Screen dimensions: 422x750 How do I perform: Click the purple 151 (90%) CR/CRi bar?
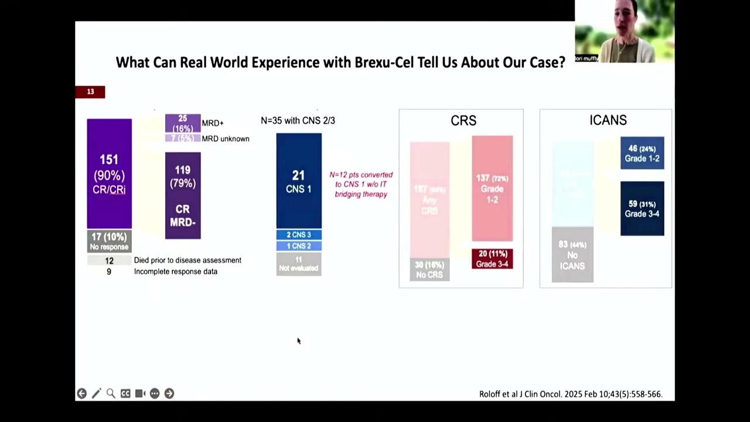(x=109, y=173)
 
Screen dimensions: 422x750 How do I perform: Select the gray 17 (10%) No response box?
(x=109, y=240)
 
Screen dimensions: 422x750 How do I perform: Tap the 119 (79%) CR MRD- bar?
(x=183, y=195)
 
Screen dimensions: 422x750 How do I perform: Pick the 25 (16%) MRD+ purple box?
(x=183, y=123)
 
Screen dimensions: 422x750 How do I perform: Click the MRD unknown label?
(x=226, y=139)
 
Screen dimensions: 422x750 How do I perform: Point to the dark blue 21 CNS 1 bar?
(x=299, y=181)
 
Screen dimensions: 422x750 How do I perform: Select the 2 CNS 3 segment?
(x=299, y=234)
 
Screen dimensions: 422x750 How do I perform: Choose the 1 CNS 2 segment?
(x=299, y=246)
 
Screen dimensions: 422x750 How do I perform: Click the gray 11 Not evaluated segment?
(x=299, y=264)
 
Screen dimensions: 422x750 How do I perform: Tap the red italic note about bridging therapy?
(x=361, y=185)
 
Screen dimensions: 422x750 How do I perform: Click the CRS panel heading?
(x=463, y=121)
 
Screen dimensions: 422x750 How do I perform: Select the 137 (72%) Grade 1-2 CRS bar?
(x=492, y=188)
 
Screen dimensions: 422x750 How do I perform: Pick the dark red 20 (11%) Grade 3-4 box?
(x=492, y=259)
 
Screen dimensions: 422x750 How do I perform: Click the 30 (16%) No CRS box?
(x=429, y=270)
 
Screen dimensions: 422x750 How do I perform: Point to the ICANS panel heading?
(x=608, y=120)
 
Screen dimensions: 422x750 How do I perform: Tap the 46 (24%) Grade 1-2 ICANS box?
(x=642, y=153)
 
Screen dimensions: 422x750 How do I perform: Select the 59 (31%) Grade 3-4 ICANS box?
(x=642, y=209)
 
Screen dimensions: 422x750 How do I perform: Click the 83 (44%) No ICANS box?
(x=572, y=255)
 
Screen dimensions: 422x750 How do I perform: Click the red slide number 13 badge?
(x=90, y=92)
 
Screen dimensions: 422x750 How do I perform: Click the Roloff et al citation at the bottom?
(x=570, y=394)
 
